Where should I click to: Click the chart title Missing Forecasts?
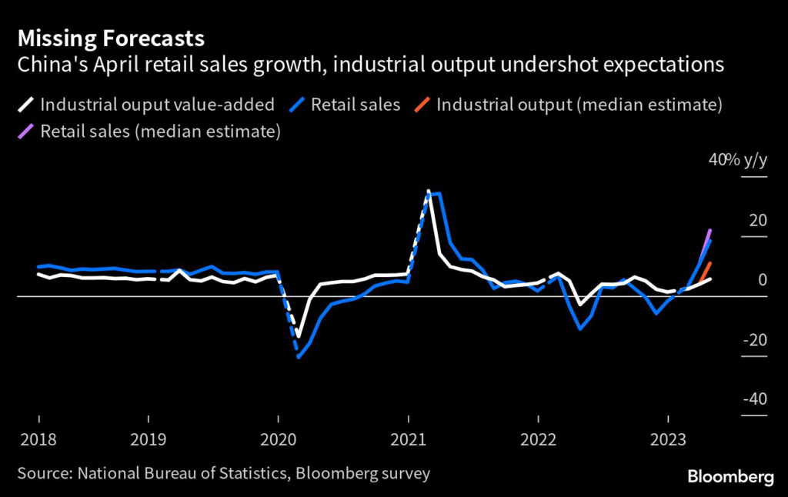111,38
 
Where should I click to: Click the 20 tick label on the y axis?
757,221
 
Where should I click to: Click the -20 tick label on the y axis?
754,340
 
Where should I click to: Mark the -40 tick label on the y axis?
754,399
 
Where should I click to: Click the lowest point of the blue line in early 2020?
299,357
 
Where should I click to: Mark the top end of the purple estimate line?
710,230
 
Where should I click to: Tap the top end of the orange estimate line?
710,264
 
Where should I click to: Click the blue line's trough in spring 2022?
580,329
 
